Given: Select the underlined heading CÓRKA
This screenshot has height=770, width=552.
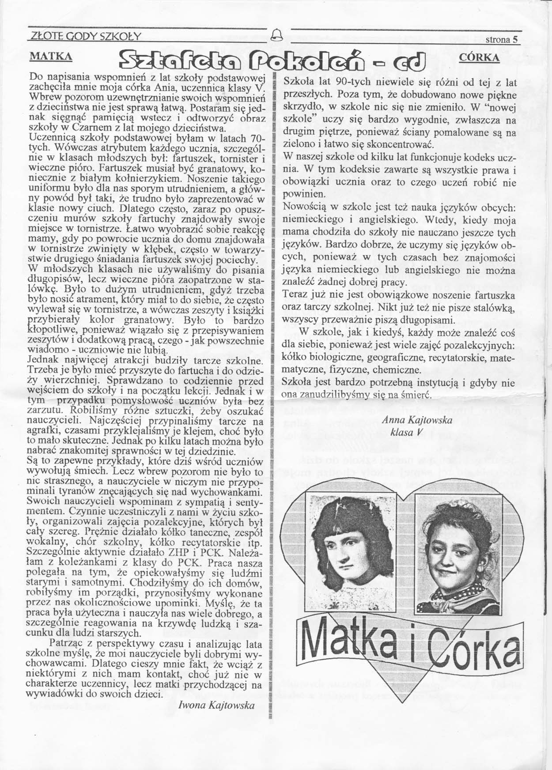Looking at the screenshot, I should pos(480,57).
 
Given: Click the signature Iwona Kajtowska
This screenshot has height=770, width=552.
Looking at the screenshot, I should pos(216,705).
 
